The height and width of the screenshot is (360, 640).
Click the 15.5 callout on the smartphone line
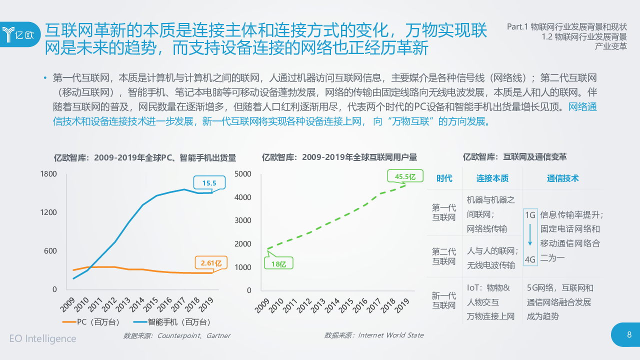click(x=209, y=183)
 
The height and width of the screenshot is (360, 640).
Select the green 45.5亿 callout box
click(x=405, y=176)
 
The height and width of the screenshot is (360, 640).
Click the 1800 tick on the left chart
click(x=48, y=174)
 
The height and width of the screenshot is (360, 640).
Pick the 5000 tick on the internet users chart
click(x=242, y=174)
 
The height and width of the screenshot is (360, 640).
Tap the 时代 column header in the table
click(x=444, y=178)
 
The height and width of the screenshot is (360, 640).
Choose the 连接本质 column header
click(x=492, y=178)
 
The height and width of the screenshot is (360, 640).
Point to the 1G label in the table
click(x=530, y=215)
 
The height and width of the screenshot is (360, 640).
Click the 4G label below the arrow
click(x=530, y=259)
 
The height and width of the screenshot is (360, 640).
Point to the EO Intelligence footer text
click(x=43, y=338)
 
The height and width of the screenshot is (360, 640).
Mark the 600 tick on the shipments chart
click(x=50, y=251)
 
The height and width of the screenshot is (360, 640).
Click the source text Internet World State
click(x=390, y=335)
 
